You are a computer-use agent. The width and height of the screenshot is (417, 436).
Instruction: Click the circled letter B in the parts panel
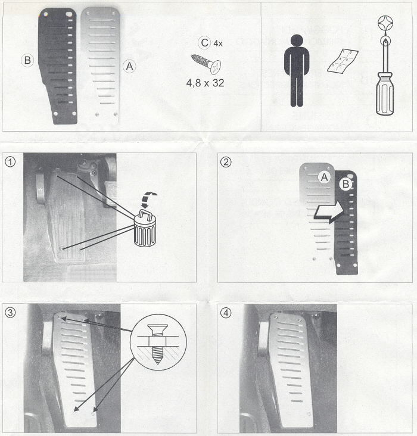tap(27, 60)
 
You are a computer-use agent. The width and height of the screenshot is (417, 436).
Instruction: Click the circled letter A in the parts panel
tap(129, 67)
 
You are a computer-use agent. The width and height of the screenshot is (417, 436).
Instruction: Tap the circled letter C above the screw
tap(204, 43)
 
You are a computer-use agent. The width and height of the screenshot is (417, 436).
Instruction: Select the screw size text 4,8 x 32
tap(206, 83)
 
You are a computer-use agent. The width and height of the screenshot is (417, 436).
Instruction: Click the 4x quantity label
tap(218, 43)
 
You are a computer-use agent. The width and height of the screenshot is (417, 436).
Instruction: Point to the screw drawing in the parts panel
tap(206, 64)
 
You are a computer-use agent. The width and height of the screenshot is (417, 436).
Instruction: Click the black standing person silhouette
tap(297, 71)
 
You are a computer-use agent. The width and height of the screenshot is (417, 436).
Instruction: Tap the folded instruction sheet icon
tap(343, 61)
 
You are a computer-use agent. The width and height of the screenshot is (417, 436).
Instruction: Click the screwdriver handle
tap(385, 94)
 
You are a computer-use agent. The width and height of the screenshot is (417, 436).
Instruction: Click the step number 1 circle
tap(10, 161)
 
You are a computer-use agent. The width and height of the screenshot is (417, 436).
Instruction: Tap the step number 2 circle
tap(226, 161)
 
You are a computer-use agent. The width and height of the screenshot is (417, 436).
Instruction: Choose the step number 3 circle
tap(10, 313)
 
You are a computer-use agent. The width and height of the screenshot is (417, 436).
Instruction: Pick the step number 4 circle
tap(226, 313)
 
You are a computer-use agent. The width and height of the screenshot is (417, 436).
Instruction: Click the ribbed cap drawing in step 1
tap(145, 228)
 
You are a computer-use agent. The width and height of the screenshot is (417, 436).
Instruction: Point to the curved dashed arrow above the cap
tap(149, 199)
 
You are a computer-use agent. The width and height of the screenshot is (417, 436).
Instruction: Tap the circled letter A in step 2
tap(324, 177)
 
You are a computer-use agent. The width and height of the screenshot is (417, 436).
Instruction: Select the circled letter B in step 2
tap(346, 184)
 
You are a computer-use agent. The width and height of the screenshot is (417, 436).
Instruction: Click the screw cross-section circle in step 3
tap(158, 342)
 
